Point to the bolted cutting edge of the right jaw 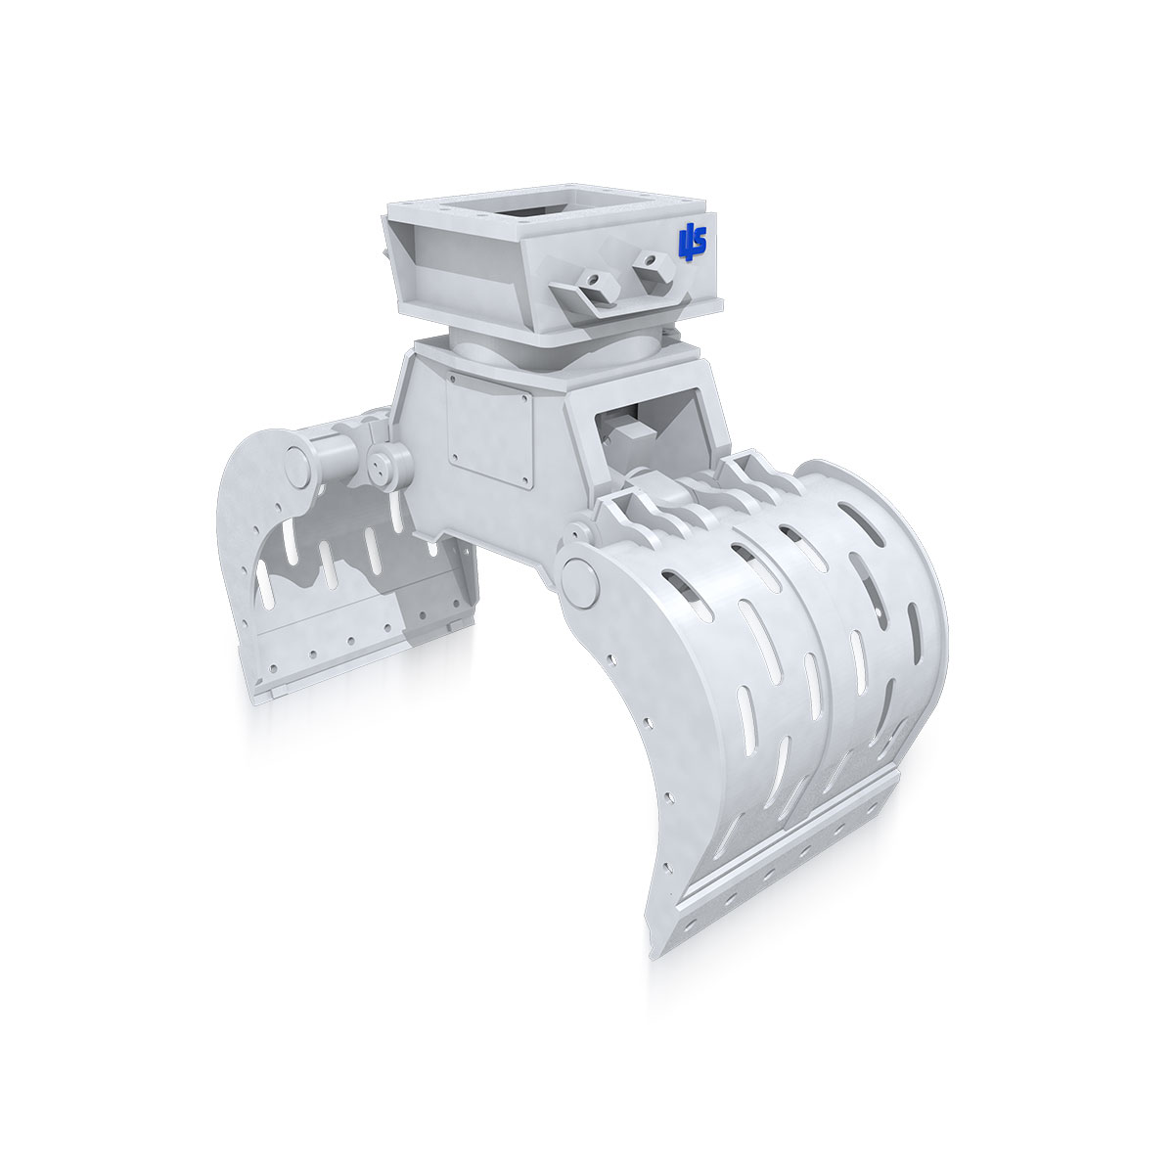point(783,861)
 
